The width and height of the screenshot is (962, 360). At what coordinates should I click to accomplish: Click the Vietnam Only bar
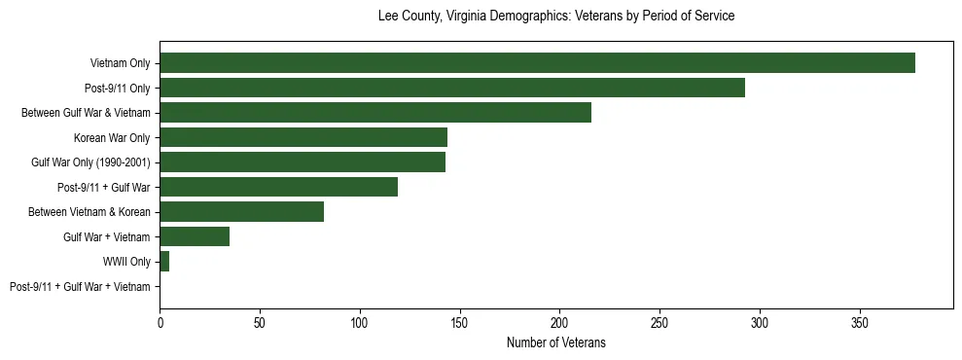(537, 63)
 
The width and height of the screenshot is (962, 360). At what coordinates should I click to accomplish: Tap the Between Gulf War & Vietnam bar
(375, 113)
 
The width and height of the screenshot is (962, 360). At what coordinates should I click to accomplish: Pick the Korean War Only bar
(303, 137)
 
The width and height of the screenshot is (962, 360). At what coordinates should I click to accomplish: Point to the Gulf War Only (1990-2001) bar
(303, 162)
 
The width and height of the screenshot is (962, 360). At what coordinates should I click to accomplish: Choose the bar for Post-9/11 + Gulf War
(279, 187)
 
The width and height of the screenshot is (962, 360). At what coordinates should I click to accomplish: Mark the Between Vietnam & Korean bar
(242, 212)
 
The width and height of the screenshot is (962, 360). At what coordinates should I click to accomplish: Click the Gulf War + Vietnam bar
(195, 236)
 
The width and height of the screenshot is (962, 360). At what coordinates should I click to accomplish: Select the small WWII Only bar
(164, 262)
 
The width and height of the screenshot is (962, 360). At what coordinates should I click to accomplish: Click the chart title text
(555, 17)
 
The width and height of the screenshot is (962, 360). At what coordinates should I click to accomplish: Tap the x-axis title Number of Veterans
(555, 342)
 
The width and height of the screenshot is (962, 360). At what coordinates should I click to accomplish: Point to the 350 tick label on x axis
(860, 322)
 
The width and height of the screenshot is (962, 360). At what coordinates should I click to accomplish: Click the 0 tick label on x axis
(160, 322)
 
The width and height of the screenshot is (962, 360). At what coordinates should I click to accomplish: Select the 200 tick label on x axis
(559, 322)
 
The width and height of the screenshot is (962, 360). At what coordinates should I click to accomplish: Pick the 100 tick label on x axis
(360, 322)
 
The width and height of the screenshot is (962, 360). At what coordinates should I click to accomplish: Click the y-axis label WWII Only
(126, 262)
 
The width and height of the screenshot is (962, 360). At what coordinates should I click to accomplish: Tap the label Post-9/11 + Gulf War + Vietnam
(80, 287)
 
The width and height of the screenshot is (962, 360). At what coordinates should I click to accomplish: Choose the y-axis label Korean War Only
(112, 138)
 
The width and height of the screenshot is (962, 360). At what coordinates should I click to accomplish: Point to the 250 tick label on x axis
(659, 322)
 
